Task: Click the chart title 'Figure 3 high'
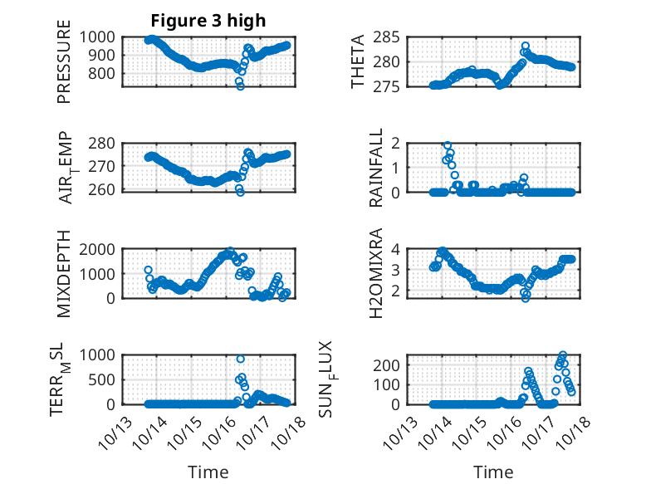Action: click(x=208, y=21)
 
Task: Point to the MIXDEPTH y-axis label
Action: click(x=64, y=274)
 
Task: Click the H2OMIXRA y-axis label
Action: click(x=376, y=272)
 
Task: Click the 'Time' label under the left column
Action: click(x=208, y=472)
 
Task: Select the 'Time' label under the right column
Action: click(x=493, y=472)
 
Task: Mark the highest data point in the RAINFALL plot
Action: click(x=448, y=145)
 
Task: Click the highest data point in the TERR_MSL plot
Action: click(x=241, y=359)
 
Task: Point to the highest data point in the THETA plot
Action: click(x=525, y=46)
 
